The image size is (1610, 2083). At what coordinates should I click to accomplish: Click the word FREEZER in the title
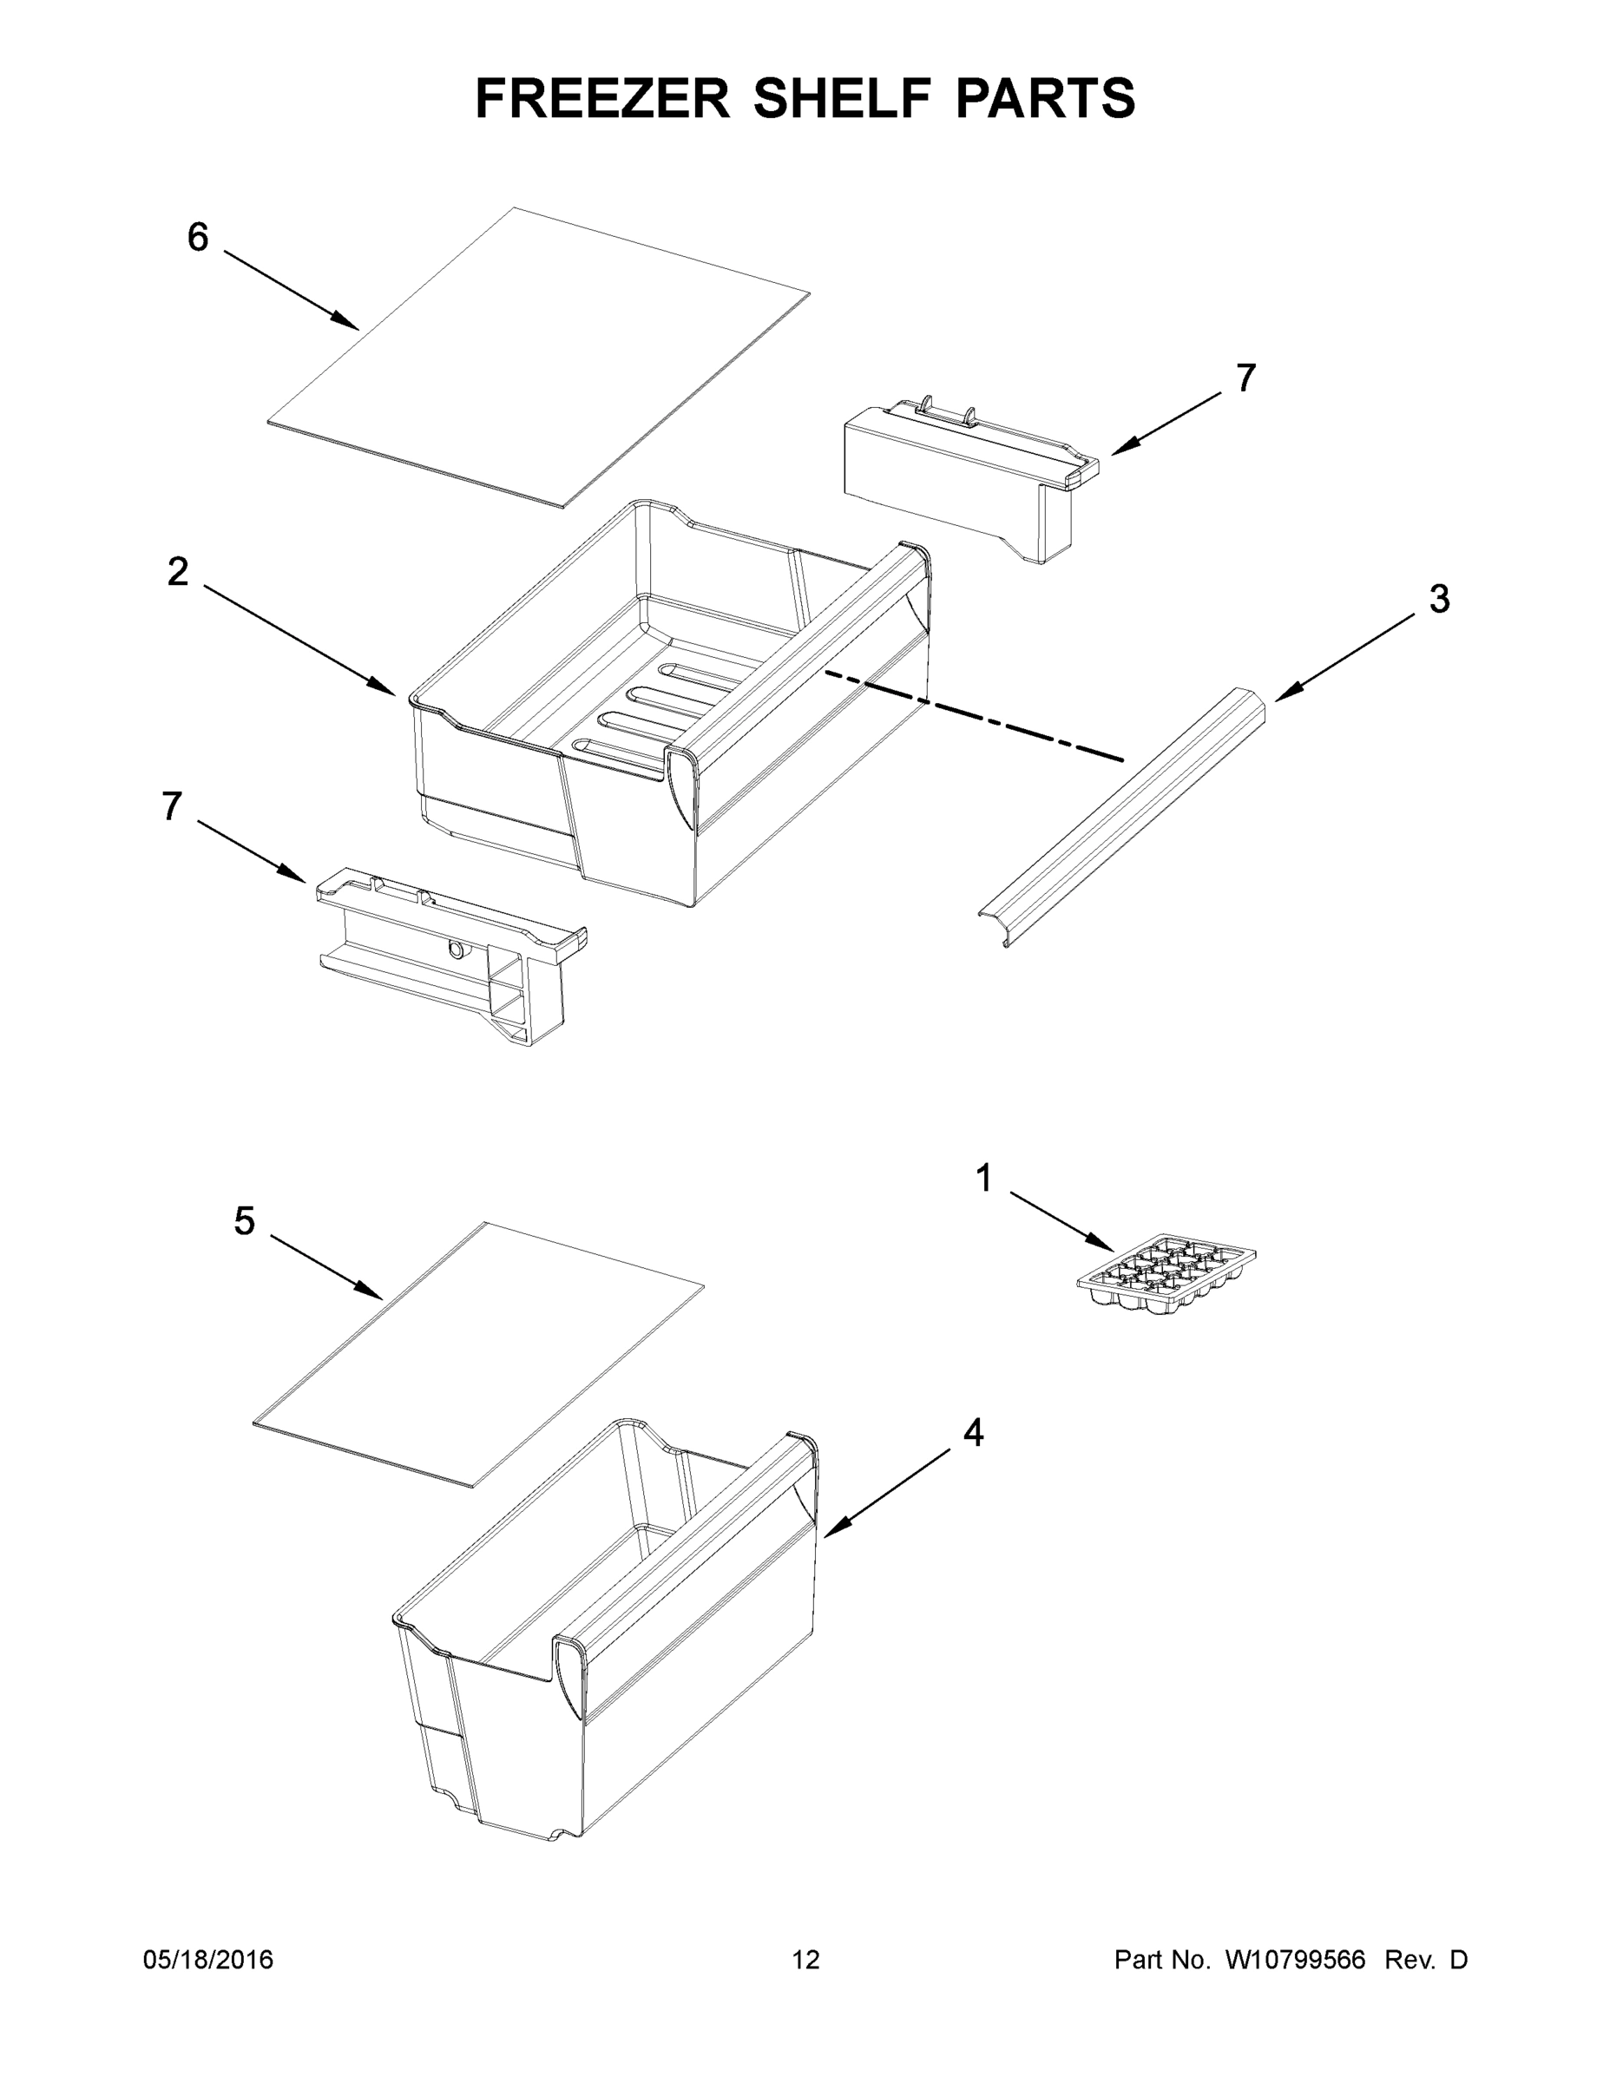pos(601,98)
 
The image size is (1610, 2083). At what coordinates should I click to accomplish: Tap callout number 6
pos(197,238)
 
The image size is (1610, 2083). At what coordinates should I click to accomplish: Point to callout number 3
pos(1438,599)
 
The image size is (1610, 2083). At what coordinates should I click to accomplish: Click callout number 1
pos(984,1179)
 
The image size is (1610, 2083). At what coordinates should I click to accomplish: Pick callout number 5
pos(244,1222)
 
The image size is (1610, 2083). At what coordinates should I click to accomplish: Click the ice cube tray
pos(1166,1277)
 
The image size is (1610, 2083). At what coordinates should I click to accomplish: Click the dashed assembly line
pos(973,716)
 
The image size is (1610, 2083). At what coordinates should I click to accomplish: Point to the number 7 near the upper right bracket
pos(1245,378)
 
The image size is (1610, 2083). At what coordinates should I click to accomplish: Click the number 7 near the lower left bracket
pos(172,807)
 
